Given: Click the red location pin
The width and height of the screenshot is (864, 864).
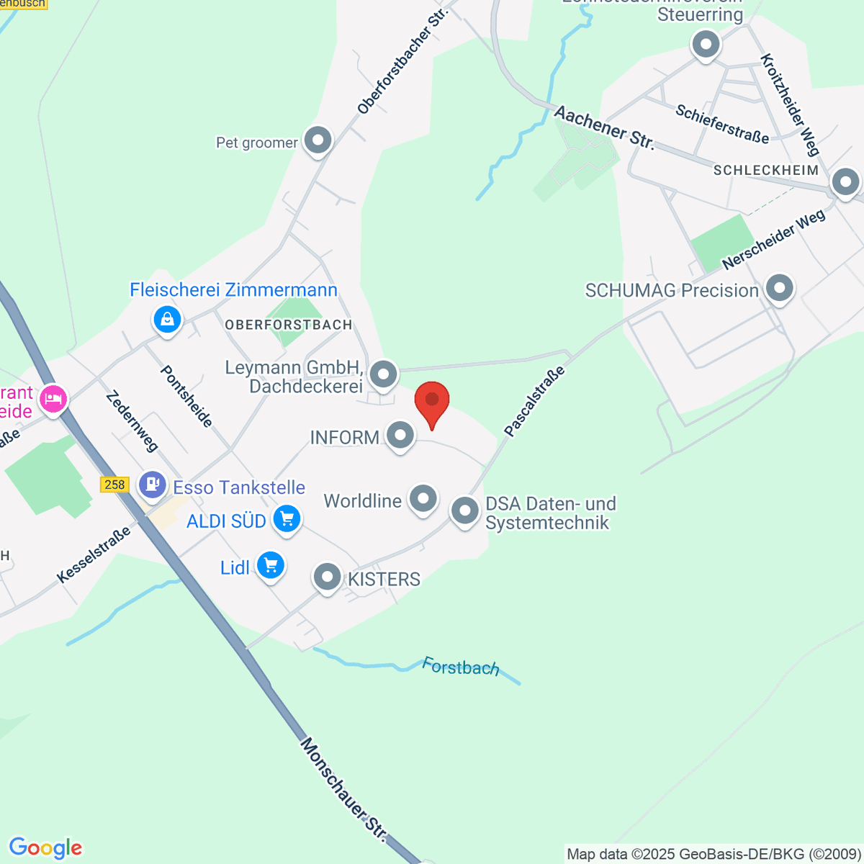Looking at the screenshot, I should [x=432, y=402].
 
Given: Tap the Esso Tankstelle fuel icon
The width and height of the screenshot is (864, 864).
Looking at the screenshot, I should [x=153, y=484].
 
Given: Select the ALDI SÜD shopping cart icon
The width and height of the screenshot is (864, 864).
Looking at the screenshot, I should [x=287, y=518].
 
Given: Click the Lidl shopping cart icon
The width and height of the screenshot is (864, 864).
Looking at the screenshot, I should [x=271, y=565].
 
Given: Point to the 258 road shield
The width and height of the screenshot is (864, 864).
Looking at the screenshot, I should [x=115, y=485].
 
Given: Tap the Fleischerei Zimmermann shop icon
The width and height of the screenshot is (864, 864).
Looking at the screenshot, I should [x=167, y=318].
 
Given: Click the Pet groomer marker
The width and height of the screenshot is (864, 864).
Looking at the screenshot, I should [x=318, y=140].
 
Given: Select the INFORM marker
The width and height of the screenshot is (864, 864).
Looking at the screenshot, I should [x=400, y=435].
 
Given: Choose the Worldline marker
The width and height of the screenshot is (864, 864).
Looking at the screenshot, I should [x=423, y=498].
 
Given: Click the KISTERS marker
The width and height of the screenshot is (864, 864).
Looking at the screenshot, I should [x=328, y=577].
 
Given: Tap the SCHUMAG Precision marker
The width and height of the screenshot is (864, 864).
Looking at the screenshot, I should [x=778, y=289].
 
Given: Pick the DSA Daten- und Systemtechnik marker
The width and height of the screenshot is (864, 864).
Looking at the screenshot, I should [x=465, y=510].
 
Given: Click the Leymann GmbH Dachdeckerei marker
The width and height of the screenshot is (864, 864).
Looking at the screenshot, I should [x=384, y=374].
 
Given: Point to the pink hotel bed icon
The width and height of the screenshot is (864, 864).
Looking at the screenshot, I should [x=53, y=397].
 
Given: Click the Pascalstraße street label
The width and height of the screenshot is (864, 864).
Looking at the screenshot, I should [x=534, y=401].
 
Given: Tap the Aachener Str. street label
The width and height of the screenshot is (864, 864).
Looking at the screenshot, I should [x=605, y=128].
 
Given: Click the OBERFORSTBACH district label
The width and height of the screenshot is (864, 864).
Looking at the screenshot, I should [x=289, y=325].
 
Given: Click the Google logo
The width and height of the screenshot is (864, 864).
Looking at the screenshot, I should [x=45, y=848].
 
